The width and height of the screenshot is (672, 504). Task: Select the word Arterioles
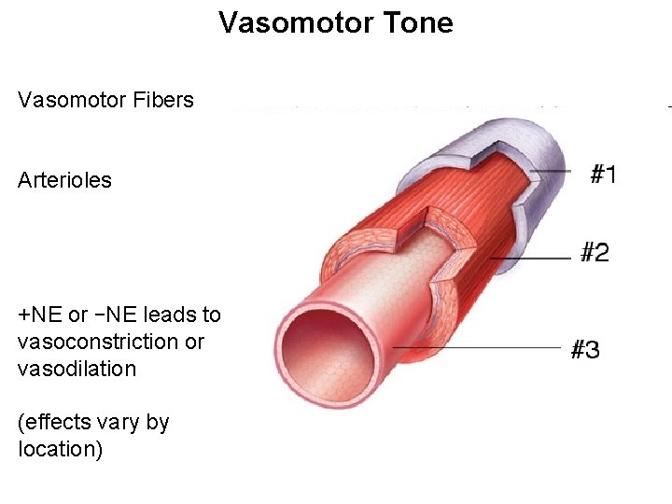pyautogui.click(x=64, y=180)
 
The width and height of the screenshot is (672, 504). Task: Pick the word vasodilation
pyautogui.click(x=77, y=369)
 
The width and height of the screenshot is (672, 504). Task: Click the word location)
pyautogui.click(x=60, y=449)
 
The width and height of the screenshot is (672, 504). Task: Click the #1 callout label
pyautogui.click(x=604, y=174)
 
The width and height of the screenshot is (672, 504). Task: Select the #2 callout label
pyautogui.click(x=595, y=252)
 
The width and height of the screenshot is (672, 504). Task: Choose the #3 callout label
pyautogui.click(x=584, y=350)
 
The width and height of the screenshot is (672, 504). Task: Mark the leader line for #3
pyautogui.click(x=476, y=348)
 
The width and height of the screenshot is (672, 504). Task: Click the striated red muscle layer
pyautogui.click(x=467, y=196)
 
